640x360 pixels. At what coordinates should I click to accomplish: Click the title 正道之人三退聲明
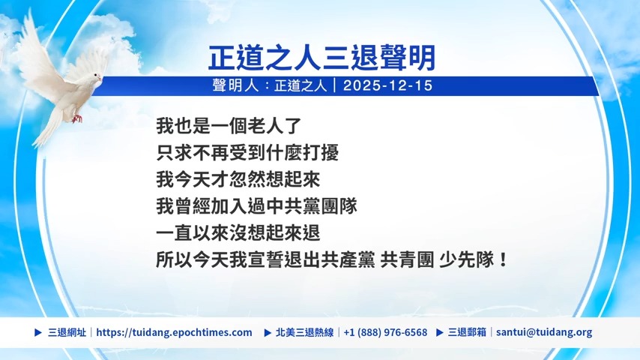point(321,58)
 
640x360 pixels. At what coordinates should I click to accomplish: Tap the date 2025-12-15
point(387,85)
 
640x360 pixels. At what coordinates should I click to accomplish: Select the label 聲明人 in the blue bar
point(235,85)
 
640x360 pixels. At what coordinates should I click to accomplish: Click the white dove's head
point(94,77)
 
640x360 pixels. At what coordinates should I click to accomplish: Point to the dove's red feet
point(76,118)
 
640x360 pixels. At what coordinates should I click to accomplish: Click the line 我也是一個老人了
point(229,126)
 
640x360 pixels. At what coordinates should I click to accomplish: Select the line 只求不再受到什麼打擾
point(247,153)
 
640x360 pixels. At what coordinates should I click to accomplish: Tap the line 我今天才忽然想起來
point(238,179)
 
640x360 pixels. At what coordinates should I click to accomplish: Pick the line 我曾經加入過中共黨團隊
point(256,206)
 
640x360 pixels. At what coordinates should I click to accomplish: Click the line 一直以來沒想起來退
point(238,233)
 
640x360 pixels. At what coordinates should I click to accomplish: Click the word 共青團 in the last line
point(407,260)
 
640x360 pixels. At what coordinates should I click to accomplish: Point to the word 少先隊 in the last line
point(467,260)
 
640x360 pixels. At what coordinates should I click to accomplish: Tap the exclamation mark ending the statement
point(503,260)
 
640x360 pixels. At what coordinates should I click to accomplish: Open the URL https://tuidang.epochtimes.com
point(175,332)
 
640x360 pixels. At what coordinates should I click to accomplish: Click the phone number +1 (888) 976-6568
point(385,332)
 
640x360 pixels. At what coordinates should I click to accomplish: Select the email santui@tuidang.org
point(544,332)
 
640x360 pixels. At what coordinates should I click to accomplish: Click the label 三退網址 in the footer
point(67,332)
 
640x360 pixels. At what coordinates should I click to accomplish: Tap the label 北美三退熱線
point(304,332)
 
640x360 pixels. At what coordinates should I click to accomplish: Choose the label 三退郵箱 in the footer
point(467,332)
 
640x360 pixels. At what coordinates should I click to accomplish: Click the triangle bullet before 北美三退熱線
point(268,332)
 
